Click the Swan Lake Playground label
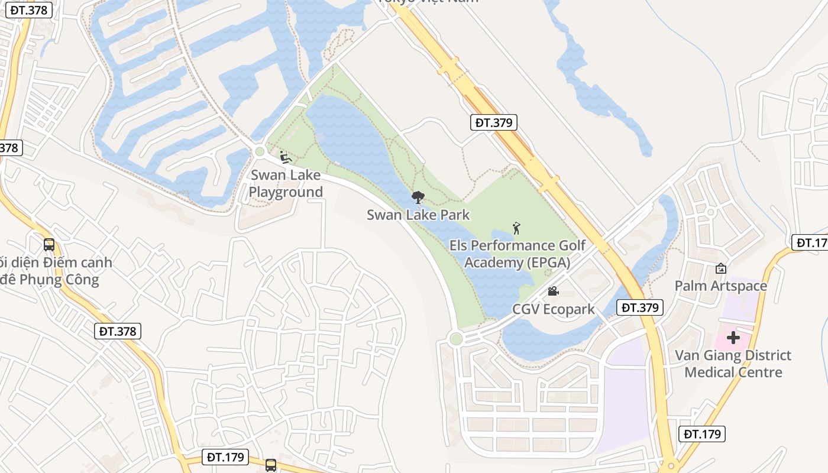[x=286, y=183]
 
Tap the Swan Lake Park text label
[x=418, y=215]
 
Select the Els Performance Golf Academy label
[x=517, y=254]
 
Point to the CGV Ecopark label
[x=554, y=309]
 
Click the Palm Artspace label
[x=721, y=286]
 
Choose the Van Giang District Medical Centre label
[x=733, y=364]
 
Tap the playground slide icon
[x=286, y=157]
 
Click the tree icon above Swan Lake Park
[x=418, y=197]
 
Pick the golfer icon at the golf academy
[x=516, y=228]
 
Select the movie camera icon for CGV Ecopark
[x=553, y=291]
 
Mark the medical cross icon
[x=733, y=338]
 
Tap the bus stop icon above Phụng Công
[x=49, y=245]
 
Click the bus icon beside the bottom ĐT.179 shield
[x=271, y=465]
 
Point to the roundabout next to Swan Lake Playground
[x=259, y=152]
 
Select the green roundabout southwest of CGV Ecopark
[x=455, y=339]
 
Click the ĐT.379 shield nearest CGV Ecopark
[x=640, y=307]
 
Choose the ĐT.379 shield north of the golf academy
[x=494, y=122]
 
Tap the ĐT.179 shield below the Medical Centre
[x=702, y=434]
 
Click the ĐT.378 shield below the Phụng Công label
[x=118, y=331]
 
